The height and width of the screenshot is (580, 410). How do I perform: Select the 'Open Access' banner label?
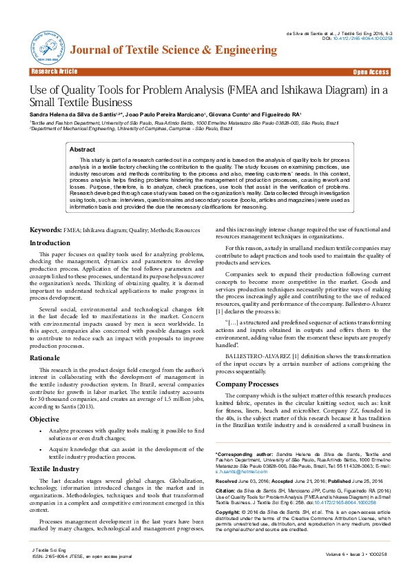pos(371,72)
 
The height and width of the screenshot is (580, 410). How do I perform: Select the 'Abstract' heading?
pos(83,149)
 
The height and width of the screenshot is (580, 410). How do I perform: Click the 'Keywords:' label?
pos(45,229)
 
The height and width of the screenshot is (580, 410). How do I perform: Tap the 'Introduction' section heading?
pos(50,242)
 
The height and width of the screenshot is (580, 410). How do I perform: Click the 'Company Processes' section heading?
pos(247,384)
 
